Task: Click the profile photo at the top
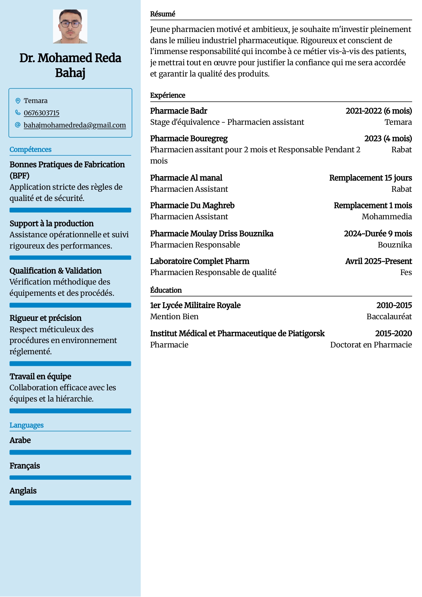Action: [x=70, y=27]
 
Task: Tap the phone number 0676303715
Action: [x=41, y=113]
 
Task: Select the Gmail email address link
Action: [x=75, y=125]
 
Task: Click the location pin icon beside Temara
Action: [x=18, y=101]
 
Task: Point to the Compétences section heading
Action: [x=31, y=150]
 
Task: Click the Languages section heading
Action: [x=27, y=425]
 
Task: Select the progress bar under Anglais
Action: [x=70, y=503]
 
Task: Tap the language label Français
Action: [x=25, y=466]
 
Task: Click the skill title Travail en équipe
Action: [x=40, y=376]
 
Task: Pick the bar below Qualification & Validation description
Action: [x=70, y=305]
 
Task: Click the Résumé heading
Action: [x=163, y=14]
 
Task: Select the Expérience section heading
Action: [x=168, y=95]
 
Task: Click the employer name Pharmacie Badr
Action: [x=179, y=111]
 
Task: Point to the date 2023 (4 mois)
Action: [x=388, y=139]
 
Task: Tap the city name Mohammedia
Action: [x=387, y=217]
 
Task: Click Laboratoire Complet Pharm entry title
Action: [x=200, y=261]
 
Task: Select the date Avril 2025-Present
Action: [x=379, y=261]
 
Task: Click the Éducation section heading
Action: [x=166, y=290]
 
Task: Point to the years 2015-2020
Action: [x=393, y=334]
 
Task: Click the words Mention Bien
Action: [x=174, y=317]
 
